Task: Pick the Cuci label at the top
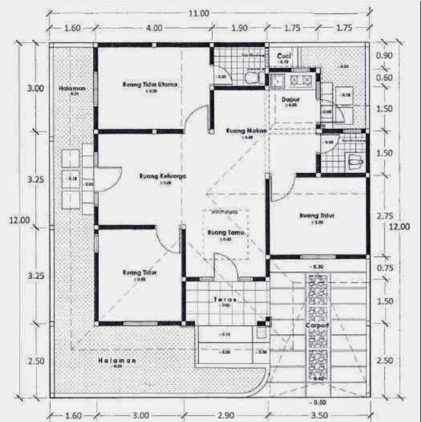284,56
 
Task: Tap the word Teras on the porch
223,300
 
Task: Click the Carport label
318,325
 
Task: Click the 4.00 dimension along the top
153,28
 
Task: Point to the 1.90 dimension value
238,28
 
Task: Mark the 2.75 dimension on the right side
384,215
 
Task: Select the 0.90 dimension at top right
384,55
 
